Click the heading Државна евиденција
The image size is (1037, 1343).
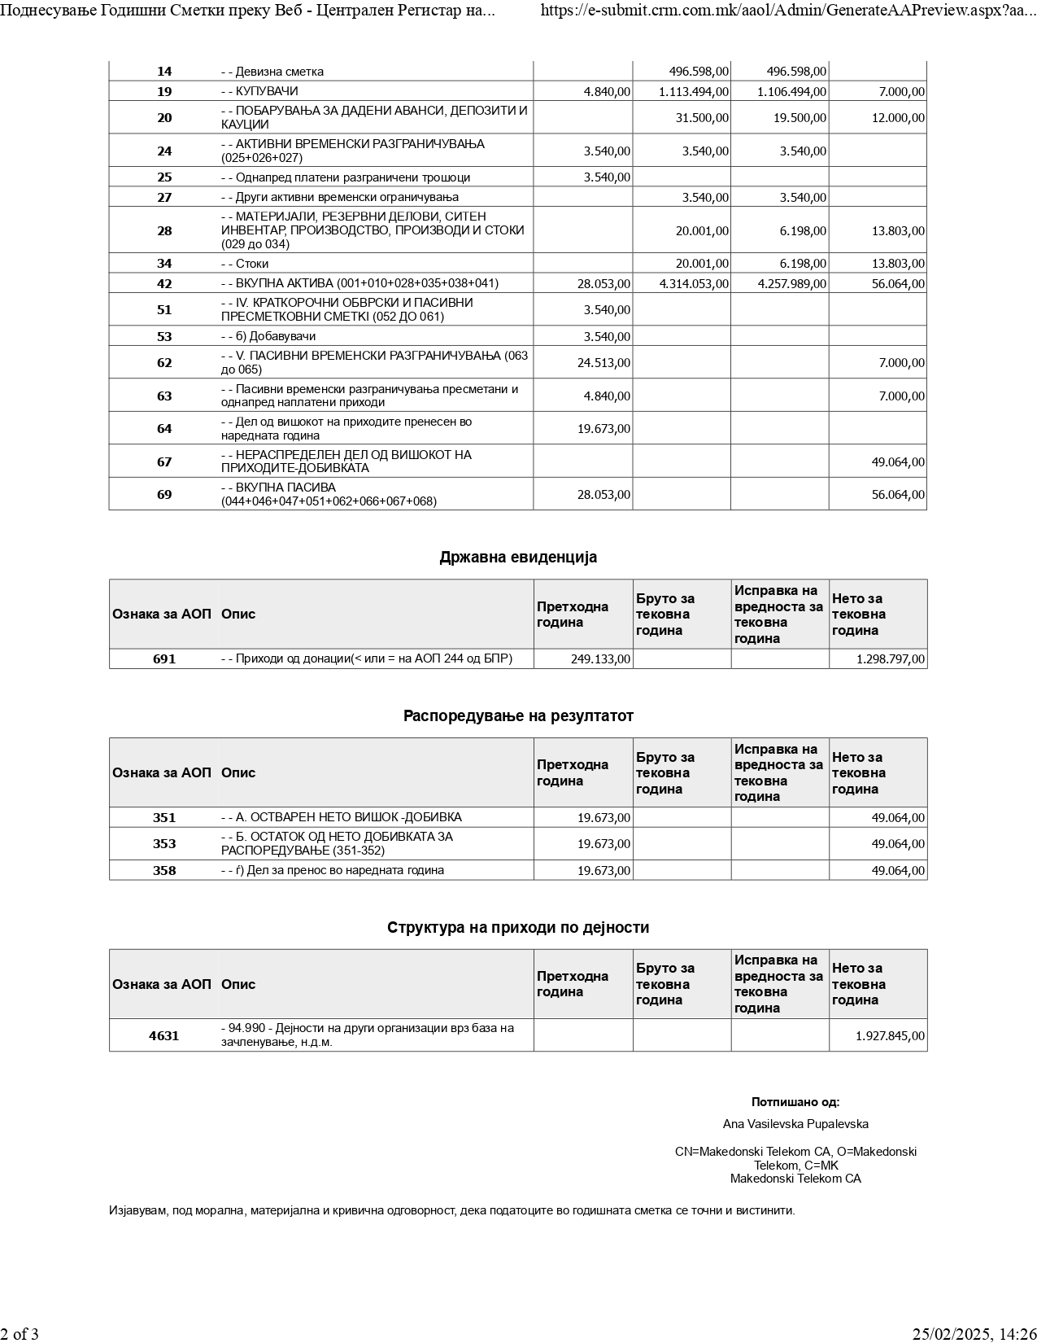518,558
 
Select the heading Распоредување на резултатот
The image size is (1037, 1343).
518,716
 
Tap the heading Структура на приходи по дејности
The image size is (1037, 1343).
518,928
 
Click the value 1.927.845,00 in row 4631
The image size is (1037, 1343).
890,1036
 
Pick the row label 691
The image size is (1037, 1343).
164,659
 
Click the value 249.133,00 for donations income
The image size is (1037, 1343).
600,659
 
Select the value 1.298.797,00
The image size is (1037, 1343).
890,659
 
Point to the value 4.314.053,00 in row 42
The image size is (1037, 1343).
694,284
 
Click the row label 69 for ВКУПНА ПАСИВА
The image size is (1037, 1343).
164,495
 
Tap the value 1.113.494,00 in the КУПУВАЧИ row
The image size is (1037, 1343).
694,92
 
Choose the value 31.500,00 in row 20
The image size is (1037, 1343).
702,118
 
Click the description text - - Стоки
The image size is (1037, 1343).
245,264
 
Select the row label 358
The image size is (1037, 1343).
164,871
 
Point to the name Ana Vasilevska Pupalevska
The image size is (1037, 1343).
795,1124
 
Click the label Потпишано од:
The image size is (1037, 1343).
795,1103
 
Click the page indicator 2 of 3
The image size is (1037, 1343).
20,1334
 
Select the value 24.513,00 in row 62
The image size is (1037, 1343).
603,363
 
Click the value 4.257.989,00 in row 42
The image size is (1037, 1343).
791,284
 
